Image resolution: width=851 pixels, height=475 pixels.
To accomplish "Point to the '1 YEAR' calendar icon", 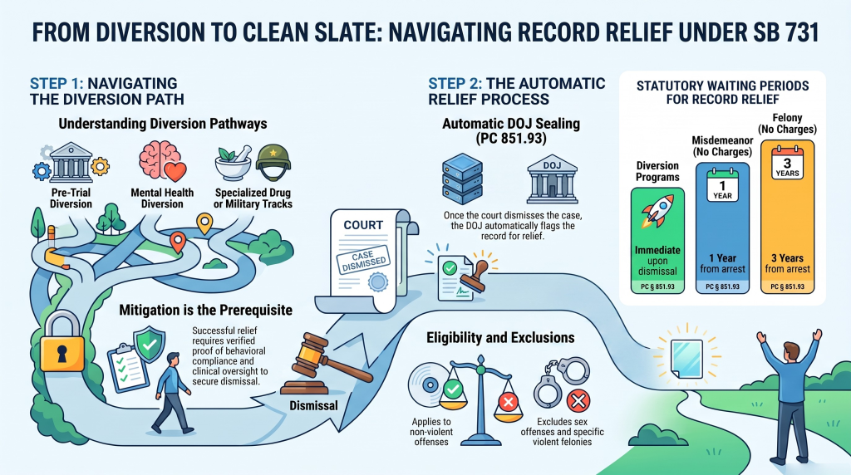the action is point(722,185).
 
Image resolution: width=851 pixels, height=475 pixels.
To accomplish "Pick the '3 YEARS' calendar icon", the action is point(788,162).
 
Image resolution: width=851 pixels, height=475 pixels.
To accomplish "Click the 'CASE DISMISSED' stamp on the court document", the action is point(363,259).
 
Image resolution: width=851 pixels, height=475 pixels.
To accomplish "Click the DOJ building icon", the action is point(552,180).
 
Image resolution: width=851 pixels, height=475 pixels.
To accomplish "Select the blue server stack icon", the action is point(462,179).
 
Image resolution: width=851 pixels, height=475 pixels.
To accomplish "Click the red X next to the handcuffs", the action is point(578,402).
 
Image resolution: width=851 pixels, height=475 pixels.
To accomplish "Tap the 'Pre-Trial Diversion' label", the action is point(71,198).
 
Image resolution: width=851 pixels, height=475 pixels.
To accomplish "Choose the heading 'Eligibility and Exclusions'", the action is point(500,338).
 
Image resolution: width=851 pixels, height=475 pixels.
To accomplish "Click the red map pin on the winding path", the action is point(178,242).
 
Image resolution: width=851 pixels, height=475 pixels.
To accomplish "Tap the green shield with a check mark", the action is point(150,345).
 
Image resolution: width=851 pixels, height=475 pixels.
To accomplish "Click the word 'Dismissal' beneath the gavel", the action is point(313,405).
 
